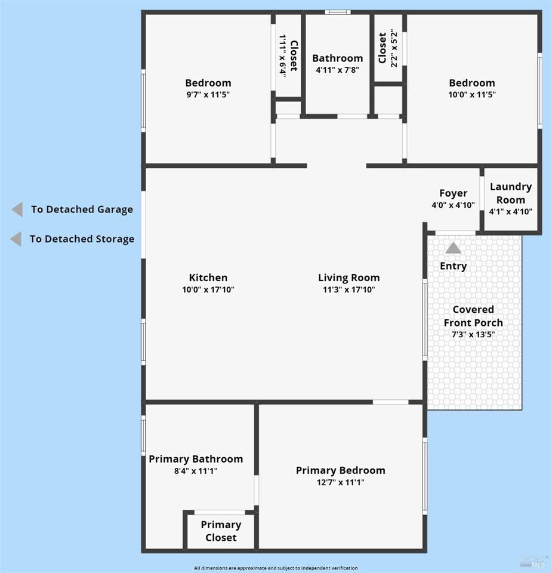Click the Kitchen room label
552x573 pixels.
208,278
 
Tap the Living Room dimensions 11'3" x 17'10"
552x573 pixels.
349,290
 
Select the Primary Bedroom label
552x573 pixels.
341,470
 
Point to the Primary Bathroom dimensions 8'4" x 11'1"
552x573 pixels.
196,471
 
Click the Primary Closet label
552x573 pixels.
221,531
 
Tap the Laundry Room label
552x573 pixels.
511,193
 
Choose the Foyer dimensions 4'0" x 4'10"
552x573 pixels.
453,205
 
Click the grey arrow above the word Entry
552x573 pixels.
454,248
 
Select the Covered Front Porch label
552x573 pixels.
473,316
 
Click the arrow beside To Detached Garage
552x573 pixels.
17,210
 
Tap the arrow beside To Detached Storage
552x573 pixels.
16,239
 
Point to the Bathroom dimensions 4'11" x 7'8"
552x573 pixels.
338,70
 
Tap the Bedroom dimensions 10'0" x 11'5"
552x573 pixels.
472,95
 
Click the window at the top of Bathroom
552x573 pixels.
338,13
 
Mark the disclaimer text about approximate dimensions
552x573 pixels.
276,568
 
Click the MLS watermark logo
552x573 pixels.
534,562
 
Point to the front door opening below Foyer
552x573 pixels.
455,233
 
